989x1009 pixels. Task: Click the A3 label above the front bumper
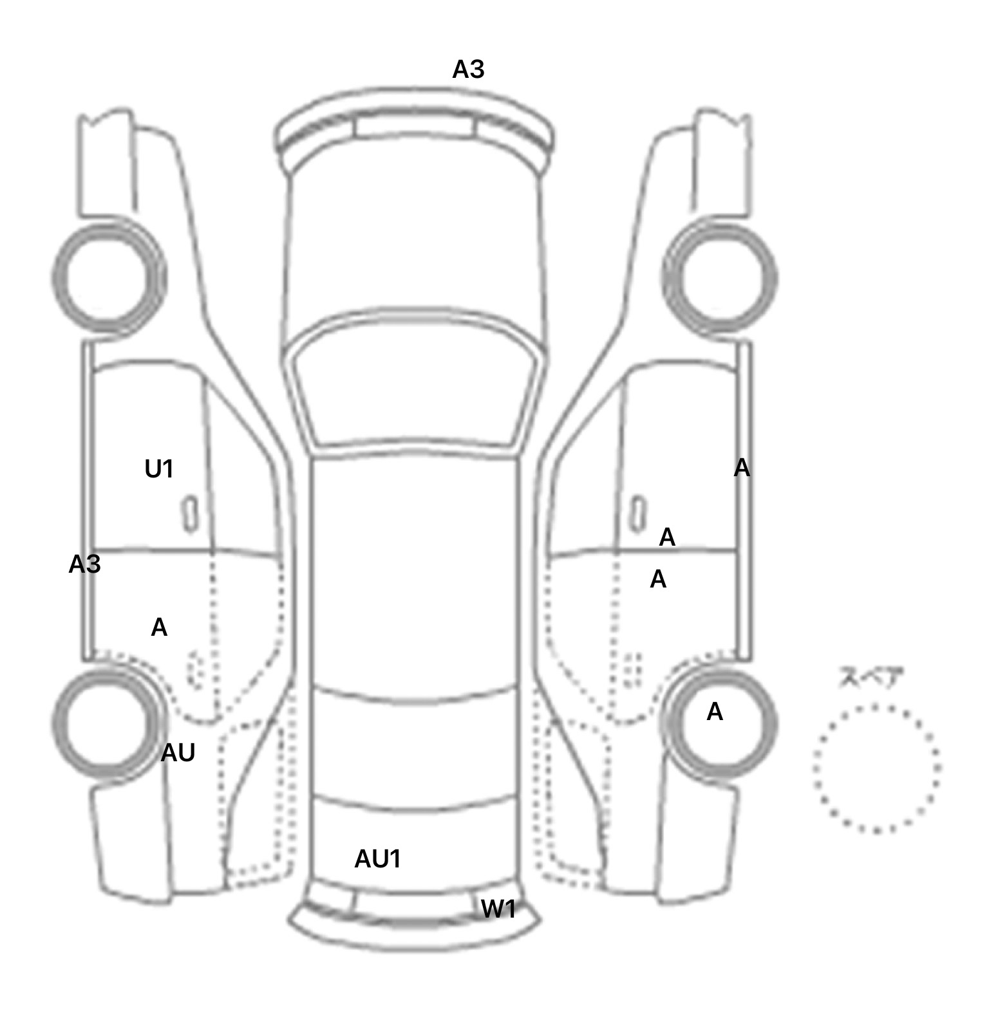point(468,69)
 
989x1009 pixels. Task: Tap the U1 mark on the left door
point(159,470)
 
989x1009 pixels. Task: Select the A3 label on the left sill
point(84,564)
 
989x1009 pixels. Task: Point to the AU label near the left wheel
point(178,752)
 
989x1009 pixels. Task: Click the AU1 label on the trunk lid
point(378,858)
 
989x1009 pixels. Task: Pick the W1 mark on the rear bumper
point(498,909)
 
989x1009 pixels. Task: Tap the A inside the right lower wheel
point(715,712)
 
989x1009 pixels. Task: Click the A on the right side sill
point(742,468)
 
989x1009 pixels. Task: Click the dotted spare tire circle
point(876,768)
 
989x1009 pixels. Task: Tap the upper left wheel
point(108,276)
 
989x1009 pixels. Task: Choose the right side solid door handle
point(637,514)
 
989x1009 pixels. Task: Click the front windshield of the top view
point(416,386)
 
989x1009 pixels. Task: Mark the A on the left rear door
point(159,627)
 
